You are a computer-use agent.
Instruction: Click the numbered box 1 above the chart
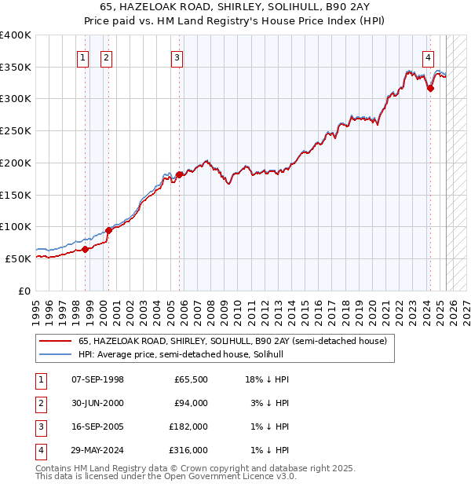pos(83,57)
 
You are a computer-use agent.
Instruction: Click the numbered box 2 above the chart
pos(107,57)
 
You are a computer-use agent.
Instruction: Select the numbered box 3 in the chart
pos(177,57)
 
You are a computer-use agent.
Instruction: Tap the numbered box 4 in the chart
pos(428,57)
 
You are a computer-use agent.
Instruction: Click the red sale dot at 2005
pos(179,174)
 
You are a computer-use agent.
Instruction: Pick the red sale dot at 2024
pos(430,89)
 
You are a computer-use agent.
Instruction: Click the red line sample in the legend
pos(54,342)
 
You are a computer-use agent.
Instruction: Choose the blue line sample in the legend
pos(54,354)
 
